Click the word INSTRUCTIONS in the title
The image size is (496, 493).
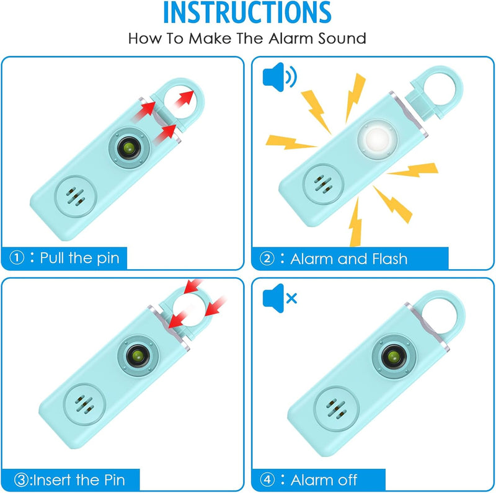click(x=248, y=14)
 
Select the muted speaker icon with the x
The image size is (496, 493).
click(x=280, y=298)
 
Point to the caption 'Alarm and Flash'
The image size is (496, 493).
click(x=348, y=258)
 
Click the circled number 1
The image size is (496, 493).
click(x=19, y=258)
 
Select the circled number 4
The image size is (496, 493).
click(x=267, y=479)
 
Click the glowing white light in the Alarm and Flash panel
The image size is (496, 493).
click(x=376, y=137)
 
